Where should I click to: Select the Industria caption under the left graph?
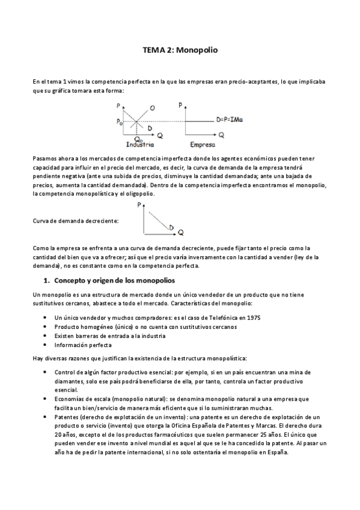[x=139, y=145]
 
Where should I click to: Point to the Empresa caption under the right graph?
[x=203, y=145]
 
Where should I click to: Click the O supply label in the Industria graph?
[x=152, y=108]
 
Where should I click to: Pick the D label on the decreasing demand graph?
[x=171, y=227]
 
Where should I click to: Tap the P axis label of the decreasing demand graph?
[x=139, y=206]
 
